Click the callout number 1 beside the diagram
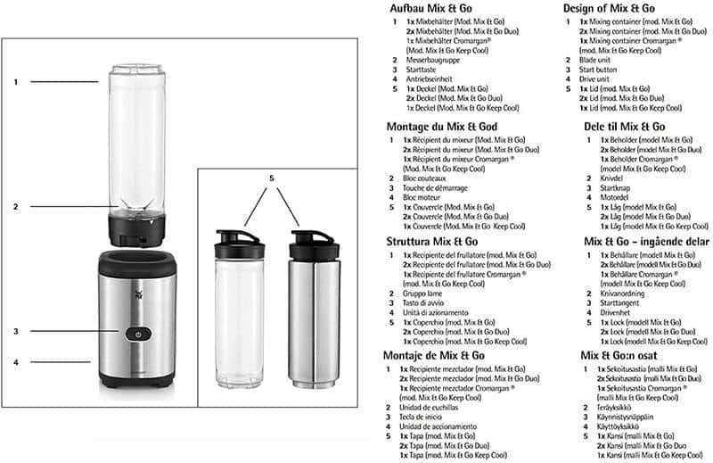point(16,82)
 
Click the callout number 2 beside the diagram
point(16,207)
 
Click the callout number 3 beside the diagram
point(16,332)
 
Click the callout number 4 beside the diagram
point(16,362)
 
